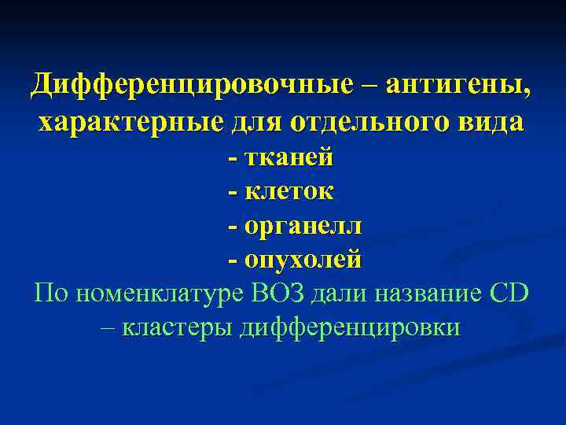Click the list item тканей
coord(289,157)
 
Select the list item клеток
coord(289,190)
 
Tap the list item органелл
coord(303,225)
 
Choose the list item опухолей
coord(303,259)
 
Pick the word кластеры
coord(192,327)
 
